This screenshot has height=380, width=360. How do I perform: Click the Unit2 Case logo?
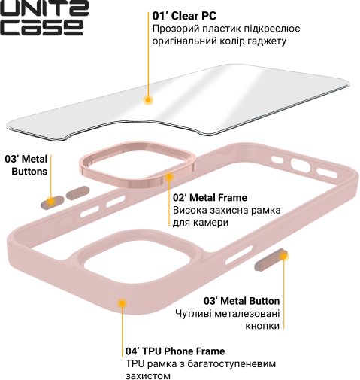[44, 17]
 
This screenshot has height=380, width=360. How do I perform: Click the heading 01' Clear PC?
[184, 16]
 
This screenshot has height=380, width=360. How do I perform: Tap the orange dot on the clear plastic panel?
[148, 100]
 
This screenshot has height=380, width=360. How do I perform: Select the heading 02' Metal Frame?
[210, 198]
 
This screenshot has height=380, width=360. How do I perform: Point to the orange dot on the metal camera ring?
[170, 177]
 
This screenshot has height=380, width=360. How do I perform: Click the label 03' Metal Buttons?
[26, 165]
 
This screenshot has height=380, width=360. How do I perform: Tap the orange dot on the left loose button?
[51, 201]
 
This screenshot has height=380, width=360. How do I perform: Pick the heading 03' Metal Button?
[241, 301]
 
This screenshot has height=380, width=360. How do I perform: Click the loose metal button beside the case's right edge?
[271, 260]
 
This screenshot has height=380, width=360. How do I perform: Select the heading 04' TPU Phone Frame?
[175, 351]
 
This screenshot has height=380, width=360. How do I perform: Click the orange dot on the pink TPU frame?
[122, 303]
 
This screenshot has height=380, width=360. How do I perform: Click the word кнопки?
[262, 326]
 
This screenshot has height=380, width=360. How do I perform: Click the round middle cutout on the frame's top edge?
[301, 165]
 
